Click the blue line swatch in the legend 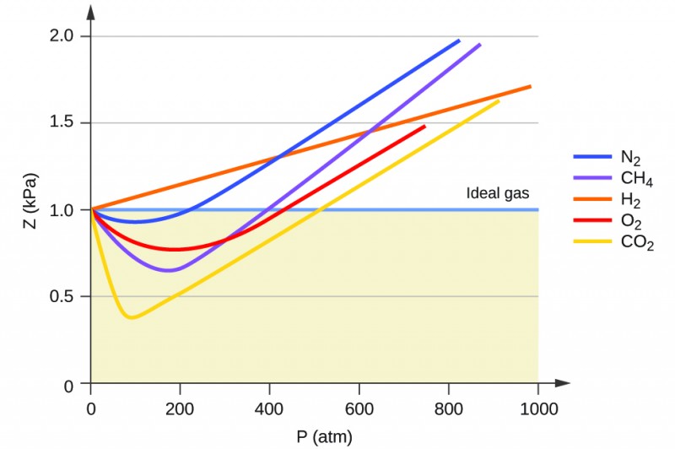tap(592, 157)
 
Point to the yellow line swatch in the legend tap(592, 244)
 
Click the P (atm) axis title tap(324, 436)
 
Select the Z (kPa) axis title tap(30, 210)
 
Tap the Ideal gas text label tap(498, 194)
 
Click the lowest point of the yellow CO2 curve tap(131, 318)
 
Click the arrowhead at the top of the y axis tap(90, 11)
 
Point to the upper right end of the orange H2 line tap(530, 86)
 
